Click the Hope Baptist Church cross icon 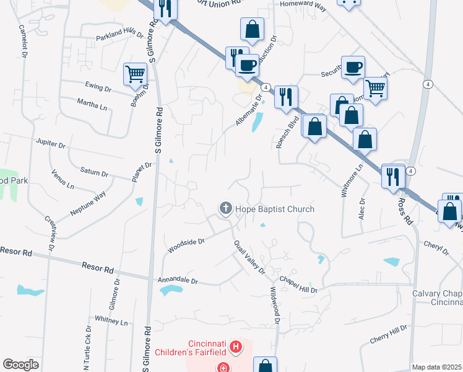226,208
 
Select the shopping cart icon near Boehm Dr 135,74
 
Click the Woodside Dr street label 185,246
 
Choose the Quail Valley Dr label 249,257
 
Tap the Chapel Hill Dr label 297,285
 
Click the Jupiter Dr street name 51,144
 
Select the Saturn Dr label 94,170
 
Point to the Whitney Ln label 111,322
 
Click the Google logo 20,364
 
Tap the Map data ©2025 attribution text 436,367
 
